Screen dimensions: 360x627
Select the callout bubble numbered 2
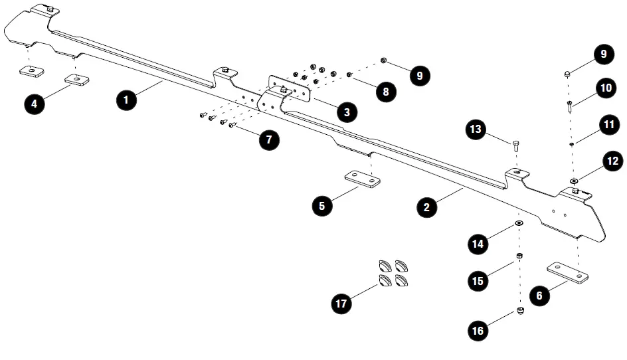pos(426,207)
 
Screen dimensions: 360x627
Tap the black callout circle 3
pos(346,112)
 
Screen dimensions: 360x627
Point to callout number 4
pos(35,103)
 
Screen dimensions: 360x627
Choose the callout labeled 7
pos(268,139)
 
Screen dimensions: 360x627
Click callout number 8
pos(385,92)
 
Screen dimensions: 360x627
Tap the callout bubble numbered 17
pos(342,304)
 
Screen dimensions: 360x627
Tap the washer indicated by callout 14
pos(519,223)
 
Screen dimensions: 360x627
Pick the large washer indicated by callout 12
pos(574,180)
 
